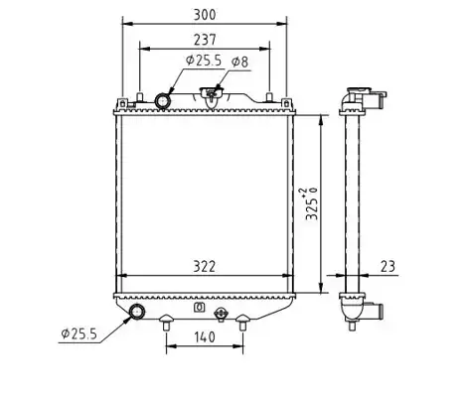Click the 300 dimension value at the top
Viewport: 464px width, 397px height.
click(205, 15)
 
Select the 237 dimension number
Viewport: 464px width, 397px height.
click(205, 40)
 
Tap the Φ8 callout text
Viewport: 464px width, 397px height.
click(239, 62)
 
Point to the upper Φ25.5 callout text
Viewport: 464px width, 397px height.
click(204, 61)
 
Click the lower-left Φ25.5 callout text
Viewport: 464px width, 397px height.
click(79, 333)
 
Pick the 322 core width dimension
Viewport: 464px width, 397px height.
click(205, 267)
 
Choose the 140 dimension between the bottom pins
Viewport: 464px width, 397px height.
click(205, 337)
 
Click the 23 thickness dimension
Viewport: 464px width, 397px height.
click(387, 266)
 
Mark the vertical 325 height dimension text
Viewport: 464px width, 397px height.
click(312, 203)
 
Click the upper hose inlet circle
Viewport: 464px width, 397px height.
click(163, 101)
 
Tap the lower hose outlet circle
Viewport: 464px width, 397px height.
click(137, 312)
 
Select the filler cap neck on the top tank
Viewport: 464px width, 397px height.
click(211, 96)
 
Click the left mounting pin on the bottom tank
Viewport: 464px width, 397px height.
click(166, 322)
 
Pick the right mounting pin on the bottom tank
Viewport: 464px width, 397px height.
click(242, 322)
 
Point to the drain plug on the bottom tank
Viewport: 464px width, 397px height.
click(221, 314)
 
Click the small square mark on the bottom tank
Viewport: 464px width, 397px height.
click(199, 308)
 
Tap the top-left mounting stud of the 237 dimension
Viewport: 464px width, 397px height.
click(140, 97)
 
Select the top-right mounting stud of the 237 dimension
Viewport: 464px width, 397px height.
click(269, 97)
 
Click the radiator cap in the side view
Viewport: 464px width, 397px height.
click(359, 90)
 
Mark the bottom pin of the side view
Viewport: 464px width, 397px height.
click(353, 326)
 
